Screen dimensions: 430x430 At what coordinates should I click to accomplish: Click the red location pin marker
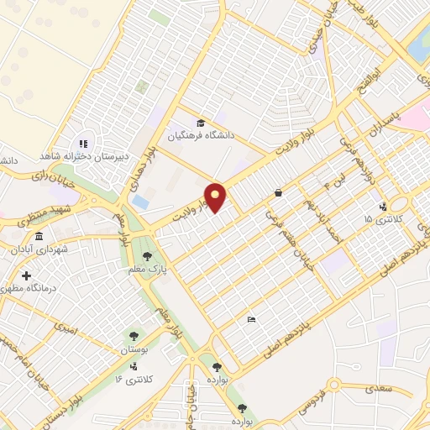216,197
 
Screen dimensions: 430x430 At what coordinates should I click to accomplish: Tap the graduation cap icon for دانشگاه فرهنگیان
200,121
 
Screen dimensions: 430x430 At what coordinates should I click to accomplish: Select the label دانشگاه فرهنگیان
198,134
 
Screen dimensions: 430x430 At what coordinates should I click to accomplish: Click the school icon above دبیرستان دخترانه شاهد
83,143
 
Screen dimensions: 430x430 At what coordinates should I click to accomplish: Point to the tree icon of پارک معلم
148,255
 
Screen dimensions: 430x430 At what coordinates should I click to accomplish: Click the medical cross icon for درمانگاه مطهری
27,275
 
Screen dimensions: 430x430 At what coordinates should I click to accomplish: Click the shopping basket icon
278,192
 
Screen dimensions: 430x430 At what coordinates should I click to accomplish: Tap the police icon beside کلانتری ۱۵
384,207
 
